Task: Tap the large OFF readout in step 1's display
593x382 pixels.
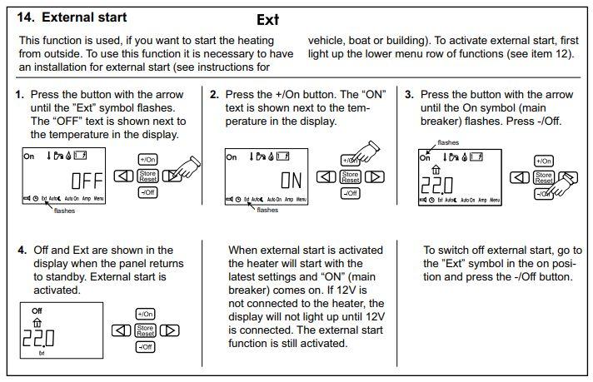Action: [x=86, y=181]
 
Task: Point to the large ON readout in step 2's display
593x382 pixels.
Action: [x=292, y=181]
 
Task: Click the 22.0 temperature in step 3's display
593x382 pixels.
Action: [x=437, y=184]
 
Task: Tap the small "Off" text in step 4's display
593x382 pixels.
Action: [x=37, y=310]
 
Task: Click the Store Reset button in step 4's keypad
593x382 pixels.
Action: [x=145, y=330]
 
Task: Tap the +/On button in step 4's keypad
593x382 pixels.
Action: [x=145, y=314]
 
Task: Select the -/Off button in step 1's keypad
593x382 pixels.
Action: [x=147, y=192]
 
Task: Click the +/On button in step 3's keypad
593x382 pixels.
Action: [x=543, y=160]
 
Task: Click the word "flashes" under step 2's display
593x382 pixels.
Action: [x=267, y=211]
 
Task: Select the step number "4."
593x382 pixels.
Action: [x=21, y=250]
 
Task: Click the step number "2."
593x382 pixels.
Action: [x=214, y=95]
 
